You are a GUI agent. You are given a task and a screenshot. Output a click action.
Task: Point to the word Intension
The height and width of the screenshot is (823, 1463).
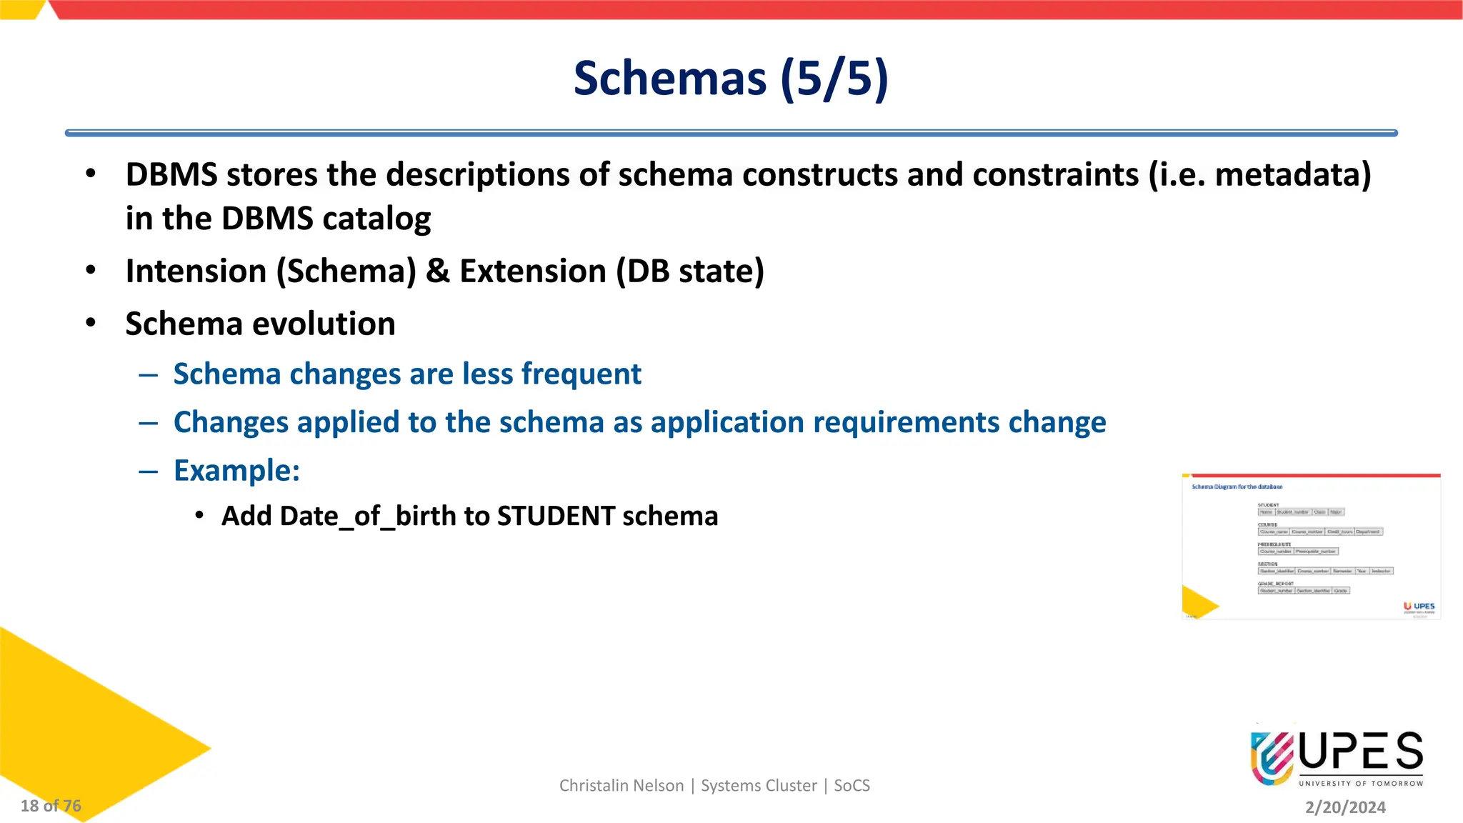(196, 271)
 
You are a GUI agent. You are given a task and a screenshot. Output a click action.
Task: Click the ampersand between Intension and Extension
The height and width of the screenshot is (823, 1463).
(437, 271)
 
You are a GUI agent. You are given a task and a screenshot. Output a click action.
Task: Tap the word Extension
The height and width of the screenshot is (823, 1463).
(533, 271)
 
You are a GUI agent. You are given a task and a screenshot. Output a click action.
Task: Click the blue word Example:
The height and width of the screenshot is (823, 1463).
(236, 471)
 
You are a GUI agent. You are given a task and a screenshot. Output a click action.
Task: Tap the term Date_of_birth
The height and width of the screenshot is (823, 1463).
(339, 516)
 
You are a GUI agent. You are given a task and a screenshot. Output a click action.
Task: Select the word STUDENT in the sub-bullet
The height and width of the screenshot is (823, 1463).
(556, 516)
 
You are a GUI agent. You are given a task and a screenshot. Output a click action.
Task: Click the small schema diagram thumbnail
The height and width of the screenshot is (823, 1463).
(1311, 547)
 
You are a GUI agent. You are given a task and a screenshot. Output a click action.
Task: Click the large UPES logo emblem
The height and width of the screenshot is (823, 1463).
(1272, 758)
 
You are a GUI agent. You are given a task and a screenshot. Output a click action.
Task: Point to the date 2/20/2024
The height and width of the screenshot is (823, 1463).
(1345, 807)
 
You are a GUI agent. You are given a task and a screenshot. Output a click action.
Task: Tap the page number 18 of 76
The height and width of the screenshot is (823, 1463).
(51, 806)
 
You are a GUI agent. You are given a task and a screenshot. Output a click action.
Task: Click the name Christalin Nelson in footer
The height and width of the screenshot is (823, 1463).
(621, 786)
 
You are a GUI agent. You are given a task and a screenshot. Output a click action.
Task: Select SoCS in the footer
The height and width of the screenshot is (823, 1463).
(852, 786)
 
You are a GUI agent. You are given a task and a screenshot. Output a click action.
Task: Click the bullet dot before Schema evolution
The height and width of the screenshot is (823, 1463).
(91, 323)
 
